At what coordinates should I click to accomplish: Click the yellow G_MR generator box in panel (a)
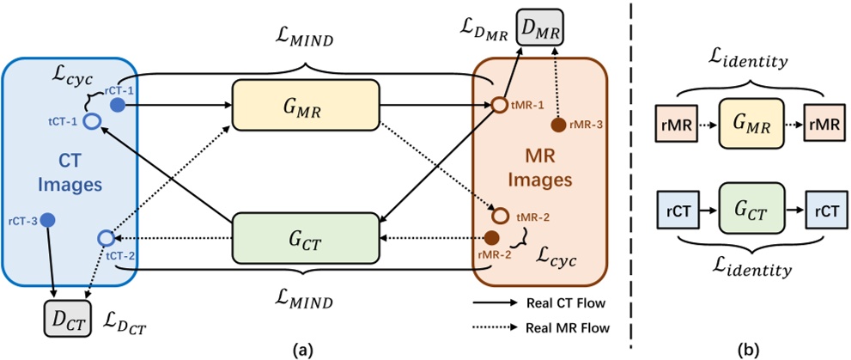pos(305,105)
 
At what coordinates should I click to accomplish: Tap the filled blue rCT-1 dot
pos(119,104)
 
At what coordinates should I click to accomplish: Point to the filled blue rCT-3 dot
pos(48,219)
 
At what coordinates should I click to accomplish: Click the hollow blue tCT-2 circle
pos(105,237)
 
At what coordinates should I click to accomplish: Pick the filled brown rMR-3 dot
pos(557,125)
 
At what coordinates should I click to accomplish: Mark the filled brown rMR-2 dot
pos(493,237)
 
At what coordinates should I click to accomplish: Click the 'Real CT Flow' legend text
pos(568,303)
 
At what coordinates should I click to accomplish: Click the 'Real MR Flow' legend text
pos(568,327)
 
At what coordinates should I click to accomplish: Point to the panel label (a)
pos(304,349)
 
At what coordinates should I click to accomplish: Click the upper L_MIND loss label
pos(305,38)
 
